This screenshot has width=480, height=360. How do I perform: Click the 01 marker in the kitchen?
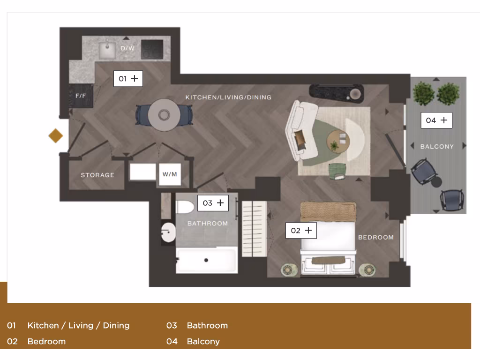click(128, 79)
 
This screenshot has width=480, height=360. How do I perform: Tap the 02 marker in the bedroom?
click(301, 231)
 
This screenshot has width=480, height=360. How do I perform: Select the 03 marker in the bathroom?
click(213, 203)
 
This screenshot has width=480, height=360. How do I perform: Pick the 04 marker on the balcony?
click(436, 120)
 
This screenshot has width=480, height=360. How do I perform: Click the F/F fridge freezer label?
click(81, 96)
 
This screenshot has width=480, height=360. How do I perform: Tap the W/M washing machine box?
click(169, 175)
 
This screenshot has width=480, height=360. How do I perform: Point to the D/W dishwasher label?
click(127, 48)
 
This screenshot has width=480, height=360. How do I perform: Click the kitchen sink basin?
click(107, 49)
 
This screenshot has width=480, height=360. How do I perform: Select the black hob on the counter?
click(152, 49)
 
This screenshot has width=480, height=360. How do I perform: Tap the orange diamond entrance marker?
click(56, 136)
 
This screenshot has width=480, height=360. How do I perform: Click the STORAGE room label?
click(97, 175)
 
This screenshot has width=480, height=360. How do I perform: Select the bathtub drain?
click(206, 260)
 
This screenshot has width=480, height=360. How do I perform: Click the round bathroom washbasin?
click(168, 232)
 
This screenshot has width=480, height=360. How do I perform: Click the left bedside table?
click(289, 270)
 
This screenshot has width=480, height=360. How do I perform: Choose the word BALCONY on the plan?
click(437, 147)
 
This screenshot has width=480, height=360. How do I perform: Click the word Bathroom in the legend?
click(207, 325)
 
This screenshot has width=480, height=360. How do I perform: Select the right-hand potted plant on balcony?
click(448, 94)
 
